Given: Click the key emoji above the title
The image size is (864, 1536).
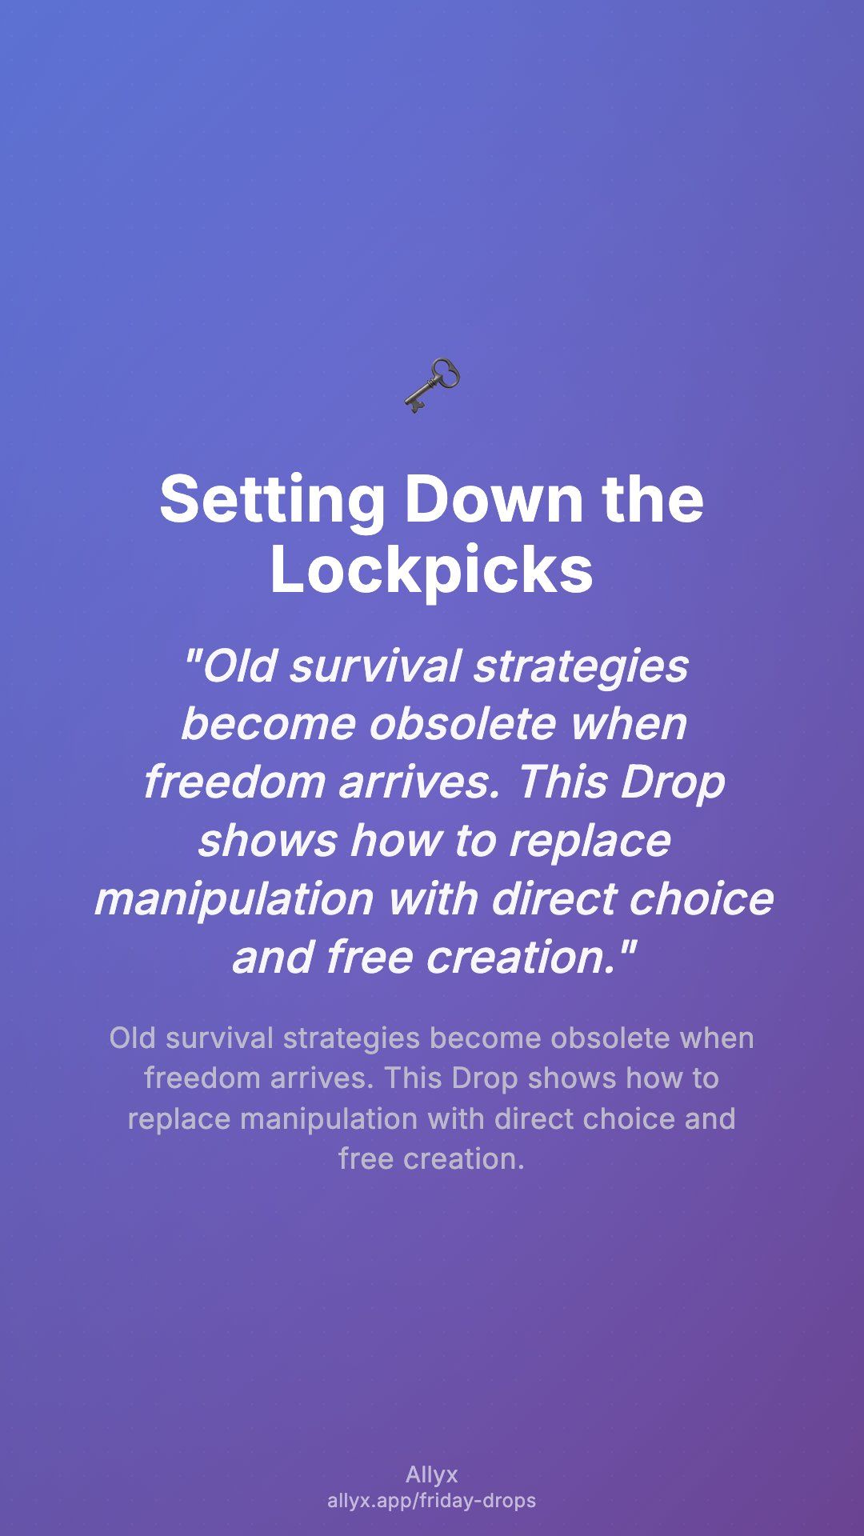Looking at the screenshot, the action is (x=432, y=386).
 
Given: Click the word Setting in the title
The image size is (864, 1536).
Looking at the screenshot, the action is (x=272, y=499).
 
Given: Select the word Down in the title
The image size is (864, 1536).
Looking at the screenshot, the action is (x=494, y=499).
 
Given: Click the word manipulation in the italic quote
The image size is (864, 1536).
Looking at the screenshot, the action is (x=234, y=899).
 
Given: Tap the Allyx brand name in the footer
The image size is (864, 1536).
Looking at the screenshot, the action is (x=432, y=1475).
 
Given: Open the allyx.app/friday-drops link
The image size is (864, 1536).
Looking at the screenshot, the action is (x=432, y=1501).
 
